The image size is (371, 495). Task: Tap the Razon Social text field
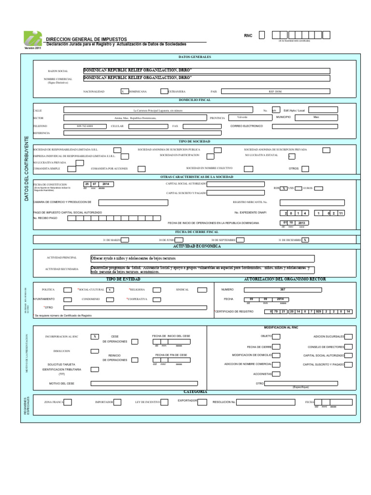tap(207, 70)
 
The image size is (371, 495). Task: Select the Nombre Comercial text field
tap(207, 78)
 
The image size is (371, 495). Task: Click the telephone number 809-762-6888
tap(86, 126)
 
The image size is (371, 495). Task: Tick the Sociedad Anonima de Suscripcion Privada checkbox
tap(327, 150)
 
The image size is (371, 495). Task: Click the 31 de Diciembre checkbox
tap(305, 240)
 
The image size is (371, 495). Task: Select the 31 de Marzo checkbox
tap(125, 240)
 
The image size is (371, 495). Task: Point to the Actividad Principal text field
tap(202, 259)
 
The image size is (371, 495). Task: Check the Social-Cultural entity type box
tap(111, 290)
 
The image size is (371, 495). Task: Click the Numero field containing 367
tap(283, 290)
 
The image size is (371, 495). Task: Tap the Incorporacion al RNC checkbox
tap(95, 336)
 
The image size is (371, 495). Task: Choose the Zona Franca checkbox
tap(68, 402)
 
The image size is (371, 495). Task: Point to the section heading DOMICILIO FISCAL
tap(195, 100)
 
